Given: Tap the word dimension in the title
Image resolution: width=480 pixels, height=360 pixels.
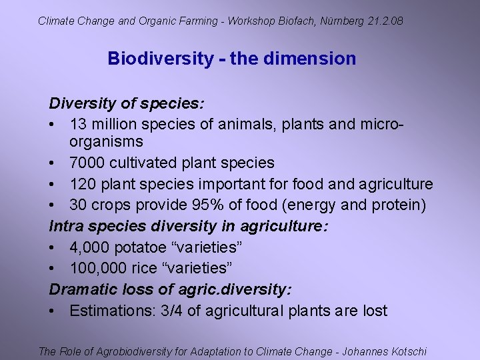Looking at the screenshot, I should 310,59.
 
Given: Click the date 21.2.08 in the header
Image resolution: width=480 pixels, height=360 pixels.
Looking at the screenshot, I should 385,21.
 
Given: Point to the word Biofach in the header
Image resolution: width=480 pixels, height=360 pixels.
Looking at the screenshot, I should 296,21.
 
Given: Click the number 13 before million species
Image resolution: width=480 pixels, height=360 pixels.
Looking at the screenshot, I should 78,125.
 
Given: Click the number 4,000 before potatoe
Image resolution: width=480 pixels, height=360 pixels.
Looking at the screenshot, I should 89,247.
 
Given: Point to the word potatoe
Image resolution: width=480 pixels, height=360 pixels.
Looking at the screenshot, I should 140,247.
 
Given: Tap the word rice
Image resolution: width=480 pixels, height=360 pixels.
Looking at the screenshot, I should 150,268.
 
